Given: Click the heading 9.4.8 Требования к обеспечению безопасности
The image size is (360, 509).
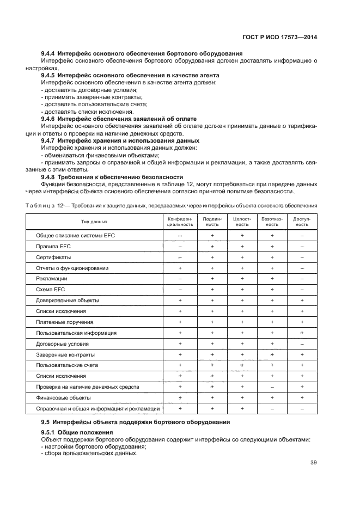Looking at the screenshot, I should [112, 177].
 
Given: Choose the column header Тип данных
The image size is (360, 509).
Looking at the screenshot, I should [94, 222].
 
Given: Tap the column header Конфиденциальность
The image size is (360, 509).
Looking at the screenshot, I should [180, 222].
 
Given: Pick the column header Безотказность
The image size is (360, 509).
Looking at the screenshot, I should [272, 222].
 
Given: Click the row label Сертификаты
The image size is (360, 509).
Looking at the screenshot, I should [53, 257].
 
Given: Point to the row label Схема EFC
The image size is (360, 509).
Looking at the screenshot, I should [51, 290].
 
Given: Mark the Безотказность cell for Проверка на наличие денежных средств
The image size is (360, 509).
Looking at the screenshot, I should [272, 387].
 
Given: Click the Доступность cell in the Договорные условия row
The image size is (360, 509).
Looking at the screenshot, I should [302, 344].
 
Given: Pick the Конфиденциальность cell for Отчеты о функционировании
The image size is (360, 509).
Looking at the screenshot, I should [180, 268].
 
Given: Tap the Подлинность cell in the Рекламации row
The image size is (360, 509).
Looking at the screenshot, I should [211, 279].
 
